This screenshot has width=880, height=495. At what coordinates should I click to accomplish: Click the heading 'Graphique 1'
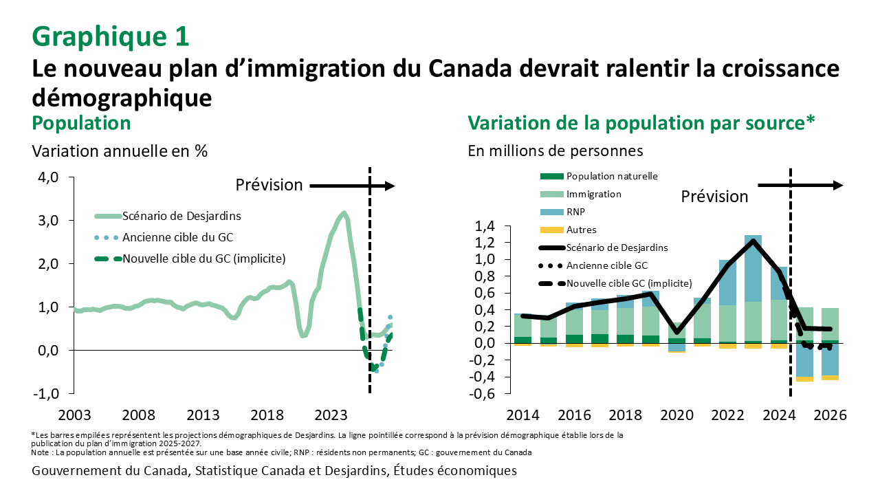tap(110, 36)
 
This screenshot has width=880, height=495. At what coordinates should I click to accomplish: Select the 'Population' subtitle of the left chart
tap(81, 123)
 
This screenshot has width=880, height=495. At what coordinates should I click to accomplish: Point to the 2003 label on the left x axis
tap(74, 415)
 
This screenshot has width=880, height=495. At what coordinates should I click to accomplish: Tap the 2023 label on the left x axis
tap(331, 415)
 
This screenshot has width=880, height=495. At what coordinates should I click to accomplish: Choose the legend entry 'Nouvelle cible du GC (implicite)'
tap(203, 258)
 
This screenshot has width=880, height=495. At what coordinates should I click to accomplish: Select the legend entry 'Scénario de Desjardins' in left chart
tap(181, 216)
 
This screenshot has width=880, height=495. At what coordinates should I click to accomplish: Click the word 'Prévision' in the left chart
tap(269, 185)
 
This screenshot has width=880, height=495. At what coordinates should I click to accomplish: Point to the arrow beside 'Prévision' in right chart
tap(800, 186)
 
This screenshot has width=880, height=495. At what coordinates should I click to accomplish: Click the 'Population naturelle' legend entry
tap(611, 176)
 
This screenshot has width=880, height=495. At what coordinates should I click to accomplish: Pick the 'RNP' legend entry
tap(575, 212)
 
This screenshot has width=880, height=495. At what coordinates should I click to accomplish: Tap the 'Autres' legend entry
tap(581, 230)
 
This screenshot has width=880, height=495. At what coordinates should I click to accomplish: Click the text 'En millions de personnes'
tap(555, 150)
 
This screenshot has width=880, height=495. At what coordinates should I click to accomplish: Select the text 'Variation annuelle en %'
tap(120, 150)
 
